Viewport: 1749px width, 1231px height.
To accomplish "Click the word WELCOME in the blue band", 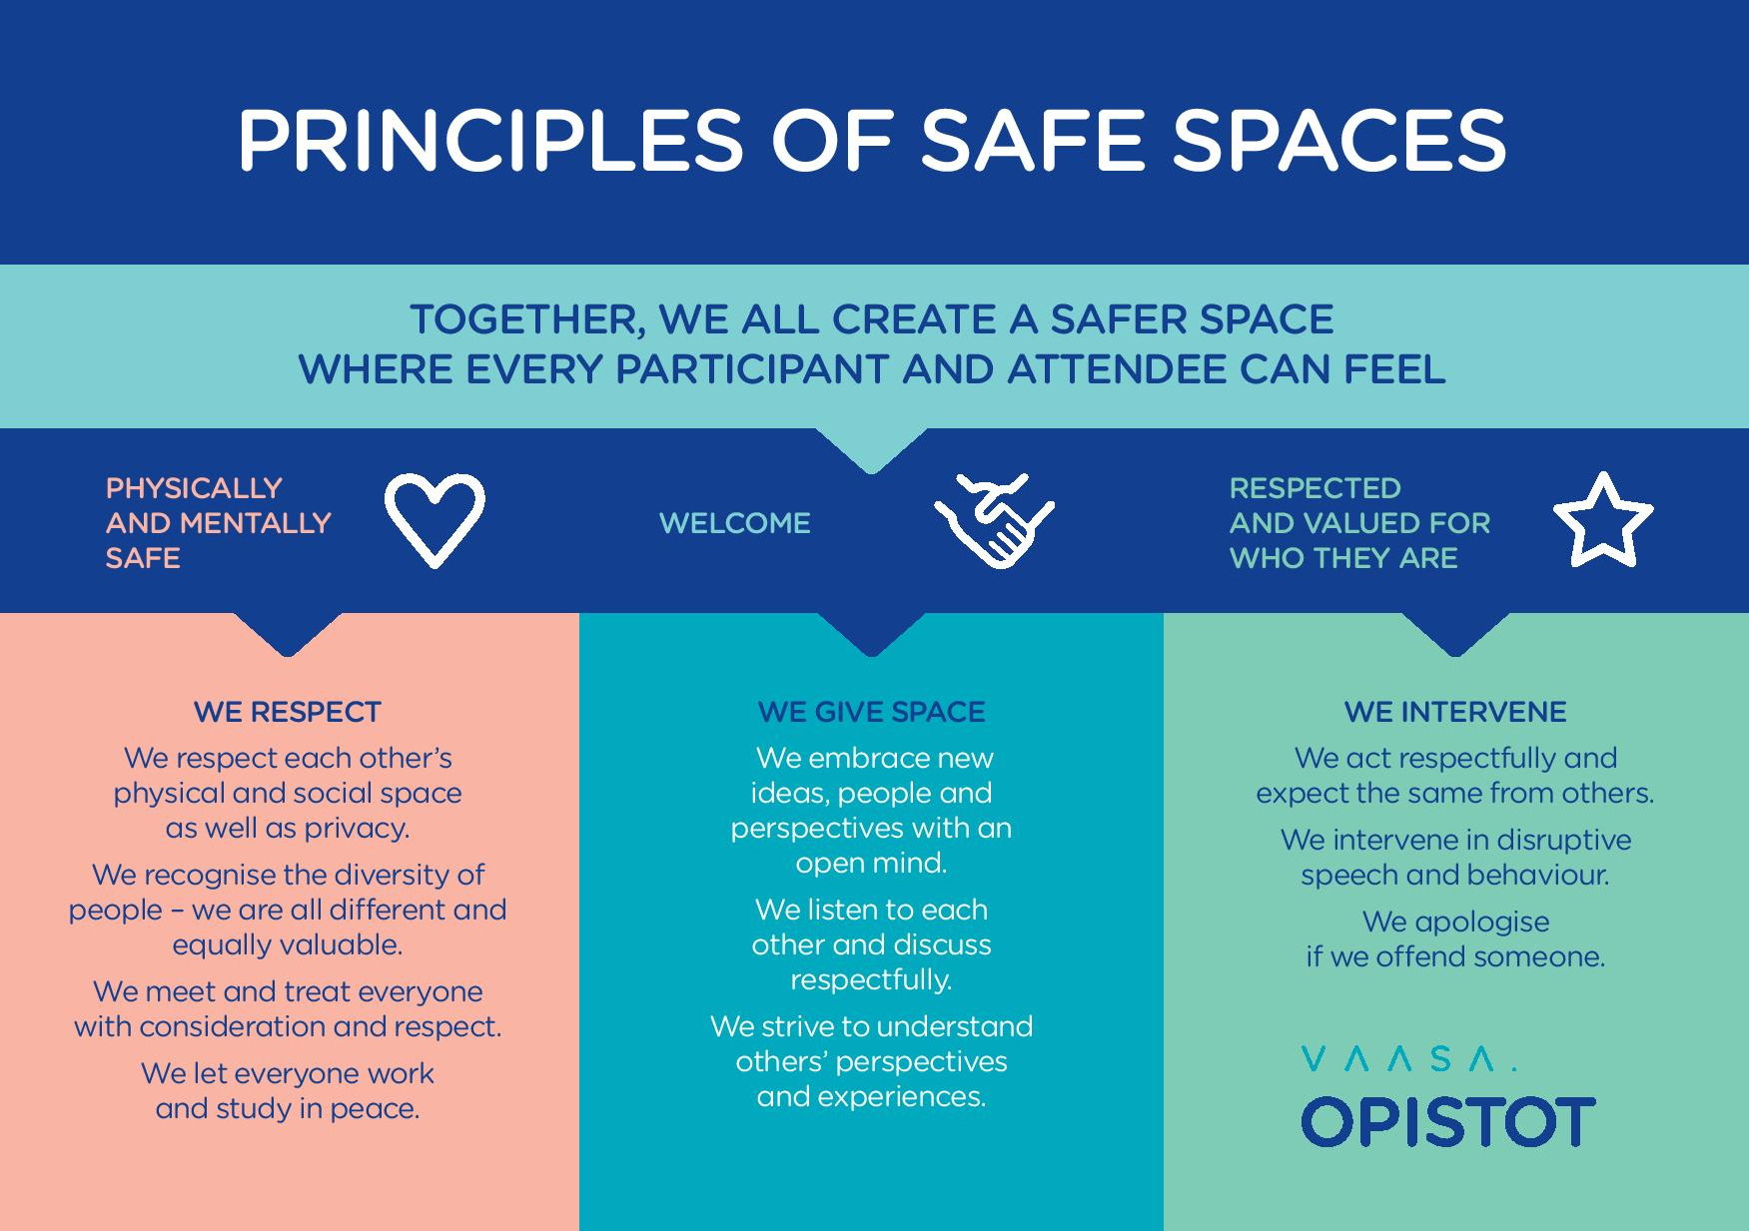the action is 735,523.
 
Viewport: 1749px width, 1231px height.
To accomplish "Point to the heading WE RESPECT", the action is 288,712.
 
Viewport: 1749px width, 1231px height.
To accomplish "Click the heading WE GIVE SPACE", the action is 871,712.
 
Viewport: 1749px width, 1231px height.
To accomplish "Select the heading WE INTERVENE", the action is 1455,712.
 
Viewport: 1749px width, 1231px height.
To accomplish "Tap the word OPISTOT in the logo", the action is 1447,1121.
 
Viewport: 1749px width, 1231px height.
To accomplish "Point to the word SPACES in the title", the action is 1338,140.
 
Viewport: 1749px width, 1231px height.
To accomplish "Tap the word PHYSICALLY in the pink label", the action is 194,488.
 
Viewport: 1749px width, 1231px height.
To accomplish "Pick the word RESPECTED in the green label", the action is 1315,488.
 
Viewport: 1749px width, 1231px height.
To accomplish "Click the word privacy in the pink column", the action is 357,829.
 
